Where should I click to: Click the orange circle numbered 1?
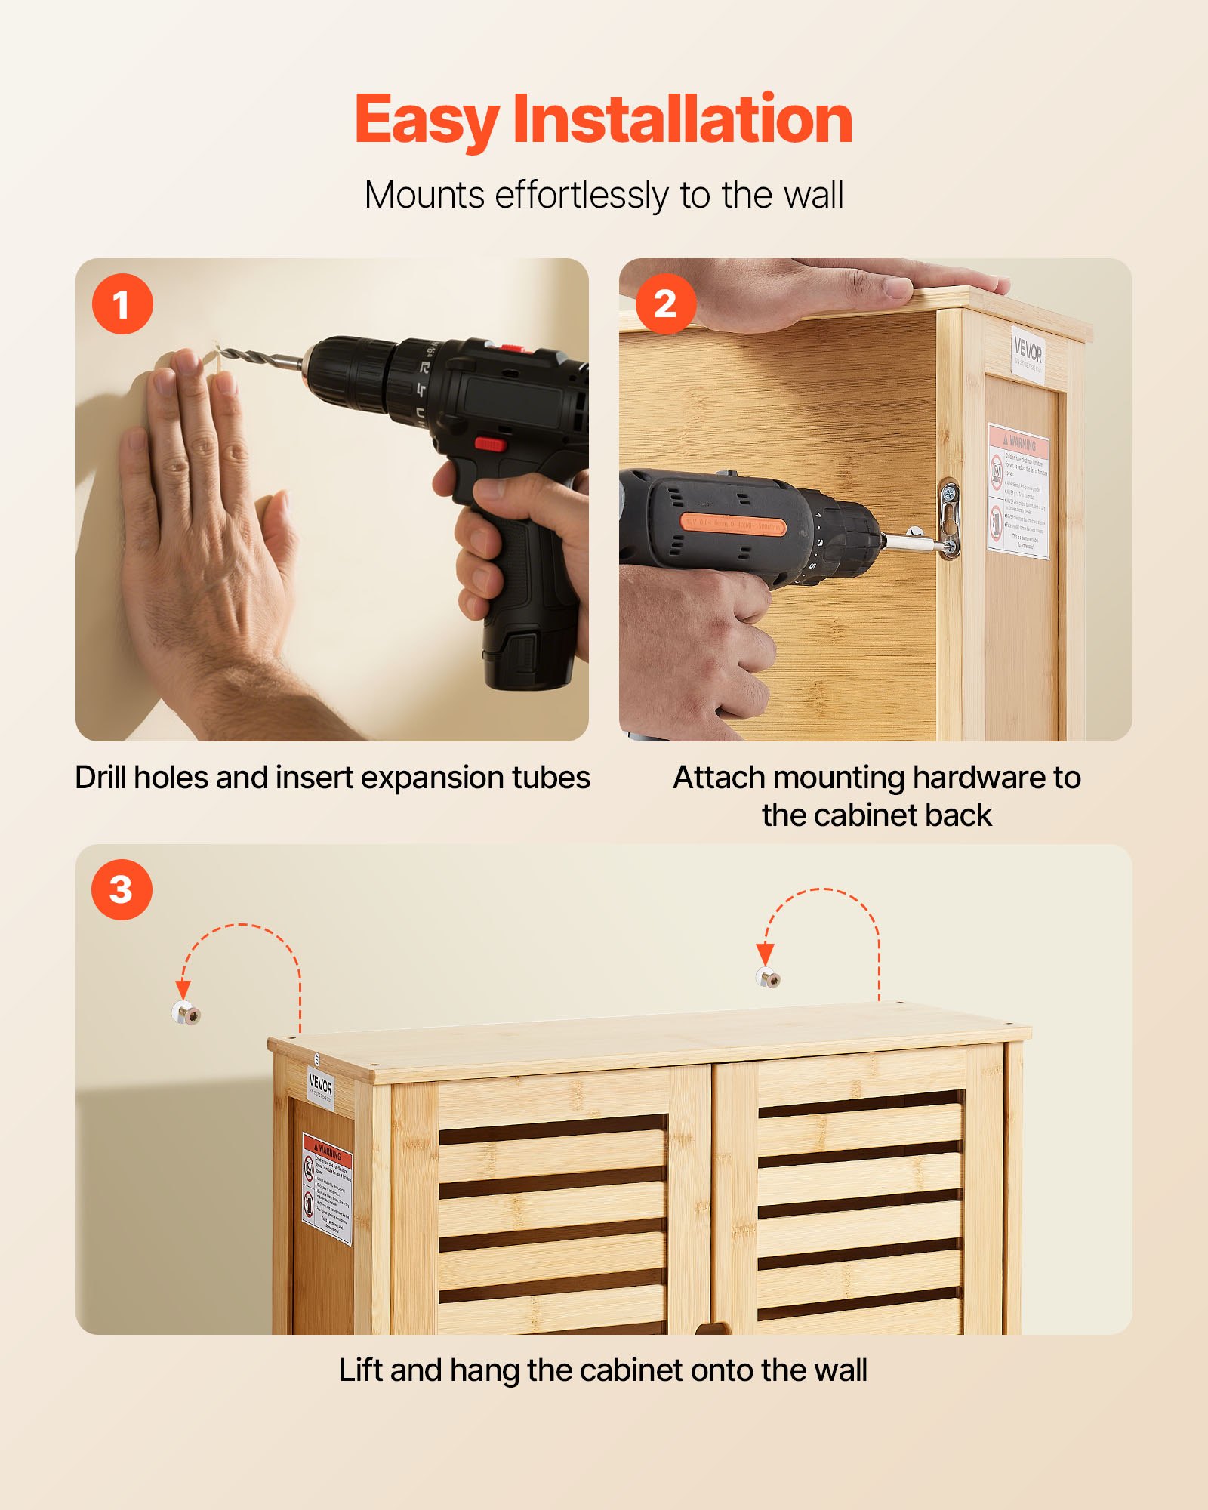pos(122,304)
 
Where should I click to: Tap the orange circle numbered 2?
pos(665,304)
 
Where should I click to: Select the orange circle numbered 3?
pos(122,889)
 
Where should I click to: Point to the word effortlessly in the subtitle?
pos(581,196)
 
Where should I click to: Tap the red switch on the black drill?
pos(490,443)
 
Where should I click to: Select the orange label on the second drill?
pos(733,524)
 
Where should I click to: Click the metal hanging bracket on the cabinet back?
pos(949,519)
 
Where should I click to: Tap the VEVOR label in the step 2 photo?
pos(1028,351)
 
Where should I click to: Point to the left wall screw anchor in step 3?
pos(186,1013)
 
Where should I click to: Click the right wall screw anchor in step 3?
pos(768,978)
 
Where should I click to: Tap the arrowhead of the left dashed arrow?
pos(183,989)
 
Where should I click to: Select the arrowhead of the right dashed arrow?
pos(765,954)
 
